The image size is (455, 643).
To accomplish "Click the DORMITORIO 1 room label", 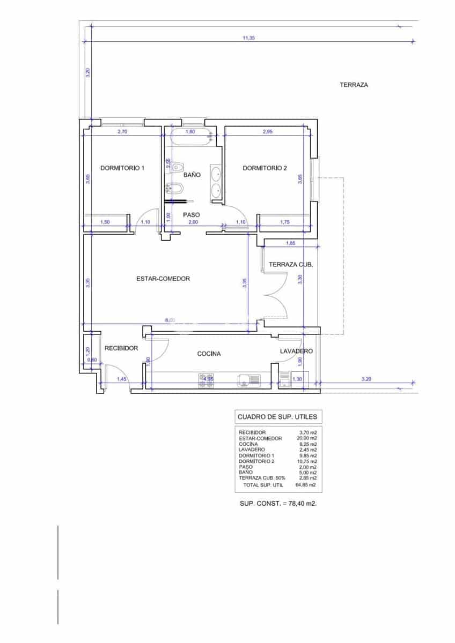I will pyautogui.click(x=122, y=168).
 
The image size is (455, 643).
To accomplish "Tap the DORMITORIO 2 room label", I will pyautogui.click(x=265, y=168).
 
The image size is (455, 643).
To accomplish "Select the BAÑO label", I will pyautogui.click(x=192, y=175).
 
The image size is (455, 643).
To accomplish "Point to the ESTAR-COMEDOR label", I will pyautogui.click(x=163, y=279).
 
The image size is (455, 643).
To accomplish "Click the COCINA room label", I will pyautogui.click(x=209, y=354).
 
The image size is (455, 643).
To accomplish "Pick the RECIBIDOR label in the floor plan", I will pyautogui.click(x=121, y=348).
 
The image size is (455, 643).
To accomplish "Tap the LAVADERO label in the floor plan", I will pyautogui.click(x=296, y=351).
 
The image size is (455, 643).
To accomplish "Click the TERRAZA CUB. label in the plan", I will pyautogui.click(x=291, y=265).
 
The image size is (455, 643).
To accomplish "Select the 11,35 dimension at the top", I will pyautogui.click(x=248, y=38).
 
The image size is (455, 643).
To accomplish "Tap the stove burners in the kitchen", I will pyautogui.click(x=206, y=380).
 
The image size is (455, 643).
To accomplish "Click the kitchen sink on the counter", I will pyautogui.click(x=248, y=380).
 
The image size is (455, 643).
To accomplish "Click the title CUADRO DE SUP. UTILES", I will pyautogui.click(x=277, y=416).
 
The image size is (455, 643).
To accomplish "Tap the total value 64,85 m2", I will pyautogui.click(x=305, y=485).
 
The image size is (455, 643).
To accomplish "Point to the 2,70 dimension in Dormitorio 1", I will pyautogui.click(x=122, y=131).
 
